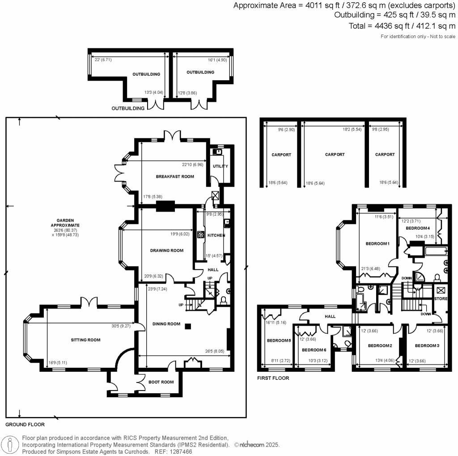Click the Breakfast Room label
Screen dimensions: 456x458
[175, 176]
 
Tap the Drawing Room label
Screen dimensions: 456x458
[166, 250]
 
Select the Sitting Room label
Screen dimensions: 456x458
[85, 340]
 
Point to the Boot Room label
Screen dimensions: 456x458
[161, 382]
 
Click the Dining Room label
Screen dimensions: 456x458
[166, 324]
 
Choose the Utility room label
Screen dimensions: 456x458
[220, 166]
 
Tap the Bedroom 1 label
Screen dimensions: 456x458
[378, 244]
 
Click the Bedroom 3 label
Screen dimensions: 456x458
[427, 346]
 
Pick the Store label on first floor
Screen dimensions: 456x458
[441, 298]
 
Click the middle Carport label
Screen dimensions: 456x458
[335, 155]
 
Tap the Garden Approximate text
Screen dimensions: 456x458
[65, 224]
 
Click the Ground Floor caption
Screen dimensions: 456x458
[25, 424]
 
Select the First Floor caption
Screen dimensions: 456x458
[273, 378]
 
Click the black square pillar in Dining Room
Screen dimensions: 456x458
[189, 326]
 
